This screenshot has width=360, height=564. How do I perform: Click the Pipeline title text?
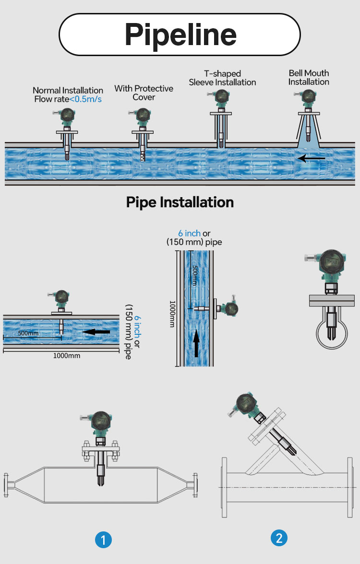click(180, 35)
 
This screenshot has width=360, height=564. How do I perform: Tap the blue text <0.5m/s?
click(85, 99)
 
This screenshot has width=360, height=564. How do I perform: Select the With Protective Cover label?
click(144, 93)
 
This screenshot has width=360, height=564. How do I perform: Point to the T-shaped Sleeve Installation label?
click(223, 78)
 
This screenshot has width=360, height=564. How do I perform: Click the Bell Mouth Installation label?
click(309, 77)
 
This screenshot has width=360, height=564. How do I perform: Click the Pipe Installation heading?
click(180, 202)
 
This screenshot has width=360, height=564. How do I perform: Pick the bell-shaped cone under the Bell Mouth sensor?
click(308, 131)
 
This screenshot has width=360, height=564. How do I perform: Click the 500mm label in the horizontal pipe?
click(28, 333)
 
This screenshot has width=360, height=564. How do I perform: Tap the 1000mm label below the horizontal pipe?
click(67, 356)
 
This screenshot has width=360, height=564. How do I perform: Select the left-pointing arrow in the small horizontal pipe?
click(96, 331)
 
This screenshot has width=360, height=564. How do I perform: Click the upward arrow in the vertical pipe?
click(196, 344)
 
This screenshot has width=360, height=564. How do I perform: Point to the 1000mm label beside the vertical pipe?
click(172, 314)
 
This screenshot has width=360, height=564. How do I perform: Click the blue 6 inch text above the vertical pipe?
click(189, 233)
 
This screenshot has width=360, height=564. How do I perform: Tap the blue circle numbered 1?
click(103, 540)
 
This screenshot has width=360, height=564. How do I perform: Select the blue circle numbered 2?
click(279, 538)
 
